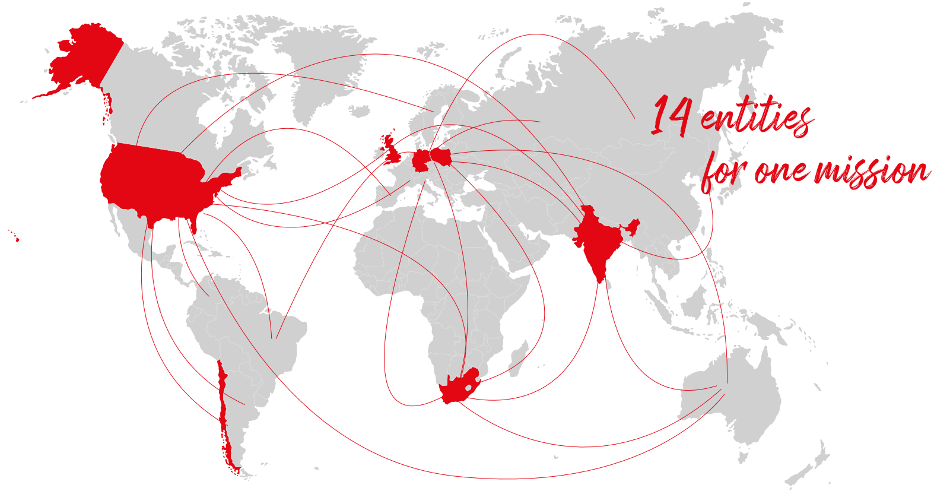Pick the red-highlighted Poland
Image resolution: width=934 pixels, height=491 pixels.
[441, 157]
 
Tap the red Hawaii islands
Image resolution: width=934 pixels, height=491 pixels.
[16, 238]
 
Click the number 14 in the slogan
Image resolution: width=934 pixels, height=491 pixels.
[671, 116]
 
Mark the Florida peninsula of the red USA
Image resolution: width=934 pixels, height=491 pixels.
[192, 223]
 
